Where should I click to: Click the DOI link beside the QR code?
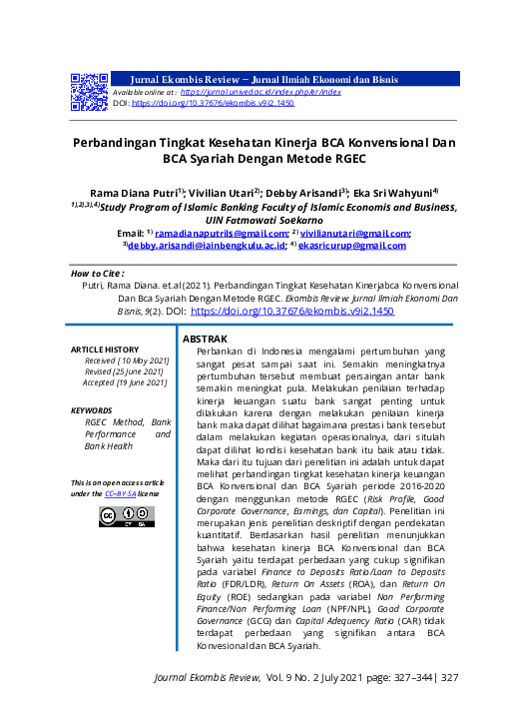point(213,103)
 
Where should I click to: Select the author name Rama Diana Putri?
point(142,191)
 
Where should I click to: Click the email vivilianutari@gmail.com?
point(355,233)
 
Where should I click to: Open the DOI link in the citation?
point(292,312)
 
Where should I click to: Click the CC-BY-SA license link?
point(121,493)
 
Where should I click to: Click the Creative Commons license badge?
point(125,516)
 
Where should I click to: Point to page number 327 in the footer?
point(448,677)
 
